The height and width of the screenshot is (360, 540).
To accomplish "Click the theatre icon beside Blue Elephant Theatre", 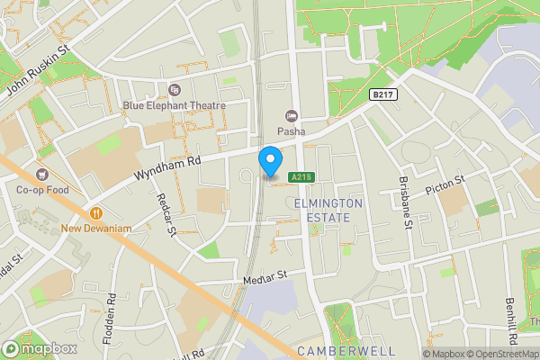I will (x=174, y=89).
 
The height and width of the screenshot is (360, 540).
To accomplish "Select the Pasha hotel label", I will (x=291, y=130).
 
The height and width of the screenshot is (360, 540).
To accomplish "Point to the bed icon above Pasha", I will (x=291, y=115).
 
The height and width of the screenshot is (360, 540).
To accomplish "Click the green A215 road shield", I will (x=301, y=178).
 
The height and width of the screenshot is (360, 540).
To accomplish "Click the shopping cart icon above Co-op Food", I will (x=40, y=175).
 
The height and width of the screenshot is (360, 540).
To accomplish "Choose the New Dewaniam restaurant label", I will (x=96, y=229).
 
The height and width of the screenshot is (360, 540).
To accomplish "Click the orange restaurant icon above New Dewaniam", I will (x=96, y=213).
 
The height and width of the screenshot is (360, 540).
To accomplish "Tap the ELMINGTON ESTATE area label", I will (x=328, y=210).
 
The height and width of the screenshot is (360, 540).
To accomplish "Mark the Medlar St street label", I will (x=264, y=276).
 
